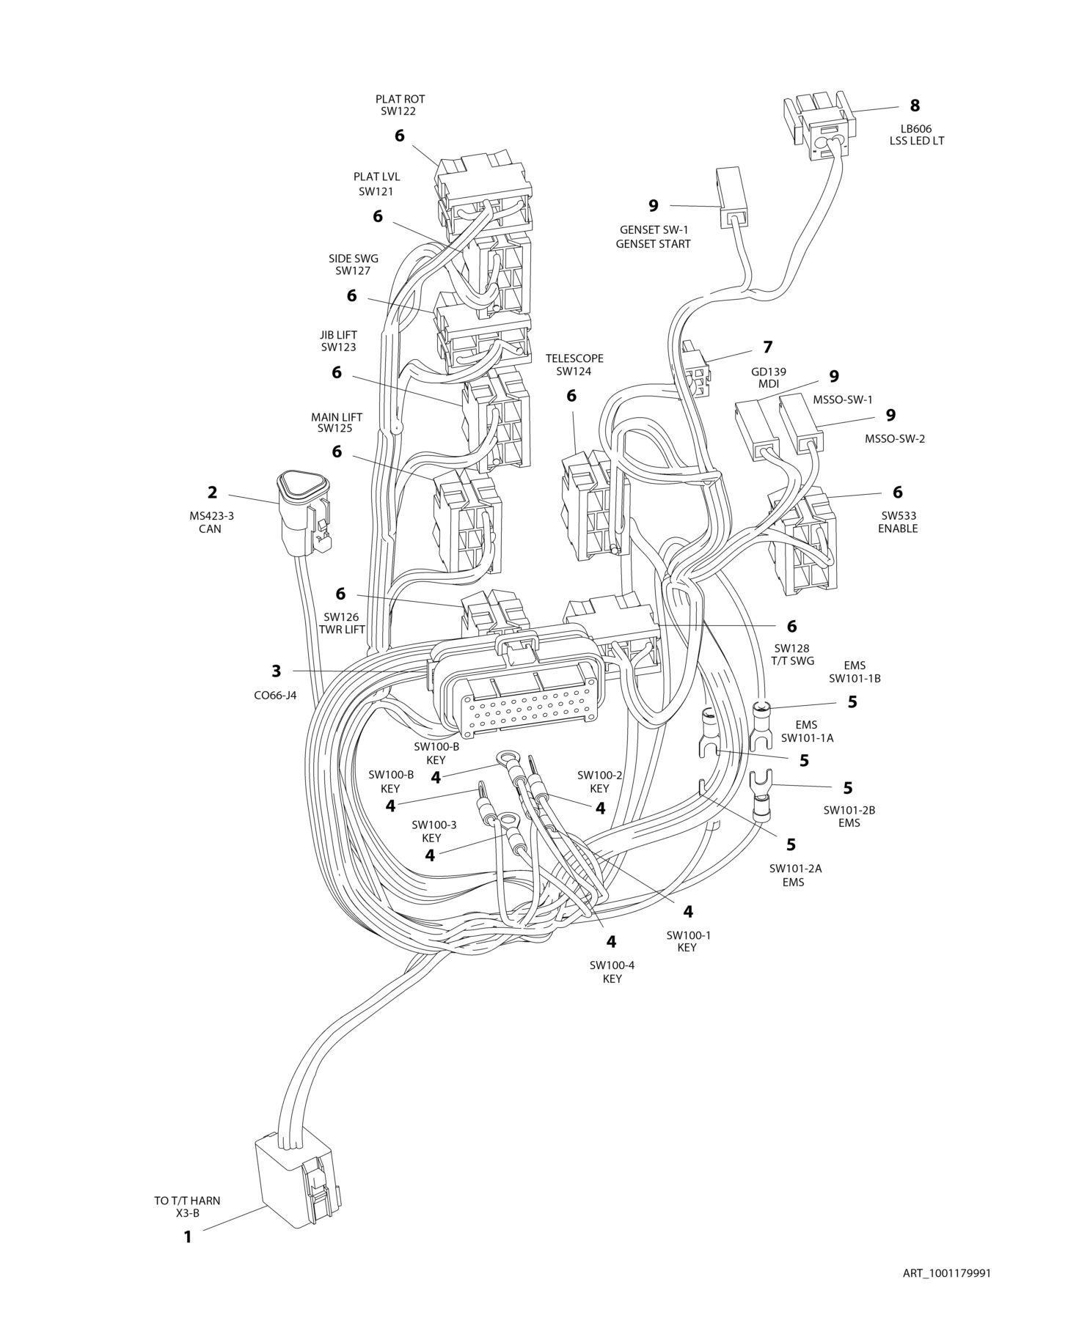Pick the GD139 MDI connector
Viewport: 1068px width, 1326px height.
(x=695, y=369)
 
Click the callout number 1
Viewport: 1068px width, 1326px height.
(x=187, y=1237)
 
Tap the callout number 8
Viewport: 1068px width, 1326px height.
(x=915, y=106)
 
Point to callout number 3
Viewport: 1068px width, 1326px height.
(x=276, y=671)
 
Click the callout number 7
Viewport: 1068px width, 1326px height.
(x=768, y=347)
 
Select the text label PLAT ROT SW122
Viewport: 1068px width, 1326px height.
(x=400, y=105)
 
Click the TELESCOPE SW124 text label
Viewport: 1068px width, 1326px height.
(x=574, y=364)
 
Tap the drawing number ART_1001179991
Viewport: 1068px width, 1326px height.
(x=946, y=1273)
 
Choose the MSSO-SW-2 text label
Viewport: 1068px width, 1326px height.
(x=894, y=439)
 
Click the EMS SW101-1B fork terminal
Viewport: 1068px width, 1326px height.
(x=762, y=726)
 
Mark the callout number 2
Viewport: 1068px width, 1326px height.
(x=212, y=492)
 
